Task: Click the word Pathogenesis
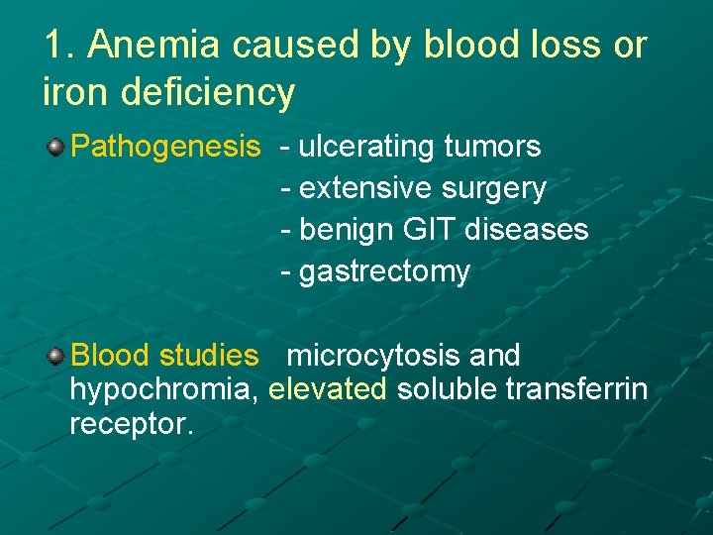coord(165,148)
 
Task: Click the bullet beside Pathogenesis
coord(55,148)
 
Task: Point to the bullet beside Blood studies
coord(55,355)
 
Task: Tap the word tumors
coord(492,148)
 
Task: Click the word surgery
coord(491,188)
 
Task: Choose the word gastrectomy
coord(384,271)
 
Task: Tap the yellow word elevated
coord(328,389)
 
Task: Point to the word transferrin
coord(576,389)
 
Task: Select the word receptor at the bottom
coord(131,424)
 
